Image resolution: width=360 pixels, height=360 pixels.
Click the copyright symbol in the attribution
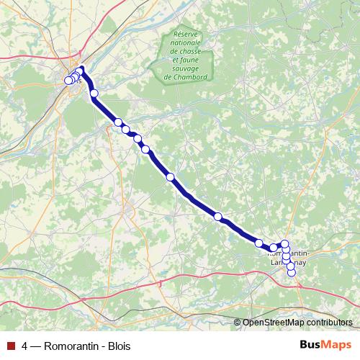237,323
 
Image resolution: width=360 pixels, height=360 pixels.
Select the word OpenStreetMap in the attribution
270,323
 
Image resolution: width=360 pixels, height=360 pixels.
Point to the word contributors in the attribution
326,323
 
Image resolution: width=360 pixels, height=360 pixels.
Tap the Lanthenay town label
287,263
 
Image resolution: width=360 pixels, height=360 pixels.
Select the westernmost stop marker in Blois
68,81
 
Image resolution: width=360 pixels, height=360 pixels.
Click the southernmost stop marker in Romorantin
291,271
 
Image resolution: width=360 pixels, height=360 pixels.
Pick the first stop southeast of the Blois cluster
94,93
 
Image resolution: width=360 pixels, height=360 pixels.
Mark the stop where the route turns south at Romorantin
284,244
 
